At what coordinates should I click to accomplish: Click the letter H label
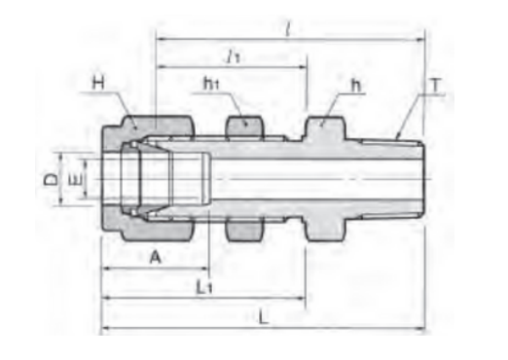(x=98, y=83)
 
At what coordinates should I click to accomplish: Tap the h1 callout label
(x=211, y=84)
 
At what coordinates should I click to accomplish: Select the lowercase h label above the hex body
(x=356, y=86)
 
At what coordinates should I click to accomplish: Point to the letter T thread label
(x=436, y=86)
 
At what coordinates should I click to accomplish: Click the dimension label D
(x=51, y=179)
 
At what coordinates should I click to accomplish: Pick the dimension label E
(x=76, y=179)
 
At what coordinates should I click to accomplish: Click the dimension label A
(x=156, y=258)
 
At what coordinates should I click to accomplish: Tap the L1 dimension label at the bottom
(x=204, y=287)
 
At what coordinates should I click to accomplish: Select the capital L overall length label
(x=264, y=318)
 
